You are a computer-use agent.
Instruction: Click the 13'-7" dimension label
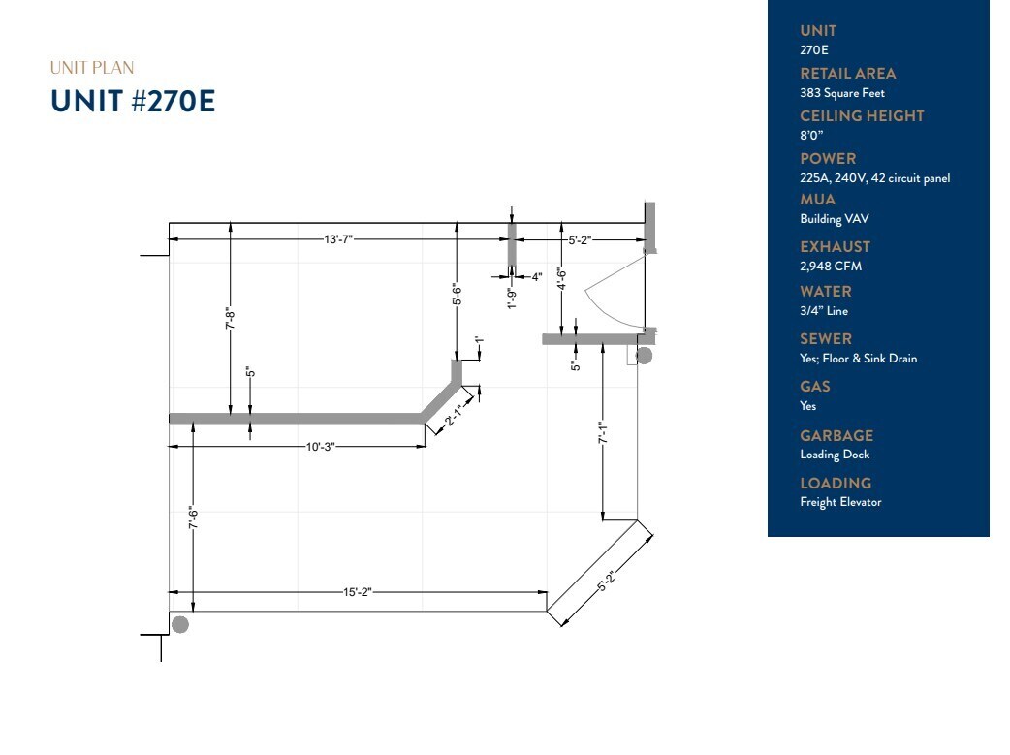(339, 238)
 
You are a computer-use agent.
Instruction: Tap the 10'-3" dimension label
(322, 446)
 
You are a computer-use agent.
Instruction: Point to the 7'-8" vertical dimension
(231, 318)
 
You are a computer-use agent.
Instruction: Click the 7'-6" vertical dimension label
(194, 519)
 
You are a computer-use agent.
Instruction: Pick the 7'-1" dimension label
(603, 433)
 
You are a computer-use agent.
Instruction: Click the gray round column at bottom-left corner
(179, 624)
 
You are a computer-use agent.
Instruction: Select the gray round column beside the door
(644, 356)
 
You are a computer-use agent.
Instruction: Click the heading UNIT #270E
(133, 102)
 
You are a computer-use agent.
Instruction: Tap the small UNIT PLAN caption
(92, 68)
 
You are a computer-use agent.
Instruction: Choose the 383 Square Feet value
(841, 93)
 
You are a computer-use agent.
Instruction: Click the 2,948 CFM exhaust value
(830, 266)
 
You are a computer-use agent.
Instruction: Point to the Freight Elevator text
(840, 502)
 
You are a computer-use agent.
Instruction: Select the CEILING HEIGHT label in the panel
(862, 115)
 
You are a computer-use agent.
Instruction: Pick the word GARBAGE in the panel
(836, 435)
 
